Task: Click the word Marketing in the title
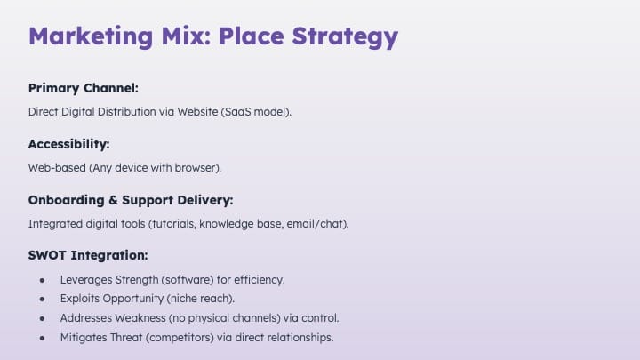[91, 36]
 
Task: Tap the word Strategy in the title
[345, 37]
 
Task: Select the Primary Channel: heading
[84, 88]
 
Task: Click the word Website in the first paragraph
[197, 111]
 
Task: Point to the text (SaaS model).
[256, 112]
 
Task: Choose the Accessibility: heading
[69, 144]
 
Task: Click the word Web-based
[57, 168]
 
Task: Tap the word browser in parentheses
[195, 168]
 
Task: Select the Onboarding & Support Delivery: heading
[131, 200]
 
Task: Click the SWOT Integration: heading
[88, 255]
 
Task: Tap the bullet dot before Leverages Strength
[42, 280]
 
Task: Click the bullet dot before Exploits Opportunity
[42, 300]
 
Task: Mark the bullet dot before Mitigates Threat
[42, 339]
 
